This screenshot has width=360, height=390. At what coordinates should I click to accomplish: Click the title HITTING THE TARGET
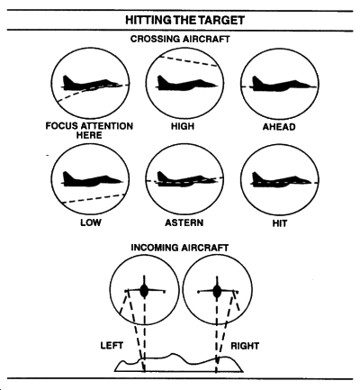[x=184, y=21]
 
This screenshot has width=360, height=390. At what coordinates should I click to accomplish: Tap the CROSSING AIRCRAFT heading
[x=180, y=39]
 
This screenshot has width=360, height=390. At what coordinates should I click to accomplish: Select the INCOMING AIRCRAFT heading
[x=180, y=248]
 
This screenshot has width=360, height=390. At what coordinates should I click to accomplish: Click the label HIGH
[x=183, y=126]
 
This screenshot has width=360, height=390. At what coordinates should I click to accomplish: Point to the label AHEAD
[x=279, y=127]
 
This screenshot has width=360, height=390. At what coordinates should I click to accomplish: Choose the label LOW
[x=91, y=222]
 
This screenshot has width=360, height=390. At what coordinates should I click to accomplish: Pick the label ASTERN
[x=184, y=222]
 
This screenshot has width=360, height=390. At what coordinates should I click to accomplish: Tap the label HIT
[x=280, y=223]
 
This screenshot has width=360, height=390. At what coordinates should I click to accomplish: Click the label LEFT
[x=112, y=346]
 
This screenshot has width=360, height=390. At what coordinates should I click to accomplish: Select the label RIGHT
[x=245, y=346]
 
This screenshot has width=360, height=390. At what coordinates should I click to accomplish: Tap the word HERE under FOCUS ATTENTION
[x=89, y=135]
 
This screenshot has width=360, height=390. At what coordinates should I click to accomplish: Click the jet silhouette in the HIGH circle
[x=186, y=83]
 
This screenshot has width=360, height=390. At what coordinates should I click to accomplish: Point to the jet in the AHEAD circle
[x=282, y=84]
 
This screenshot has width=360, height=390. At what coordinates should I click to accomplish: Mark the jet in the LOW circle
[x=92, y=179]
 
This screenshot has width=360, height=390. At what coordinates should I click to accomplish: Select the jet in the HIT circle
[x=281, y=179]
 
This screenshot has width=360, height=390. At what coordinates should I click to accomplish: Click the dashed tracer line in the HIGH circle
[x=189, y=61]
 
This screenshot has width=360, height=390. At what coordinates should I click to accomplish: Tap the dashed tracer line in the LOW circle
[x=94, y=199]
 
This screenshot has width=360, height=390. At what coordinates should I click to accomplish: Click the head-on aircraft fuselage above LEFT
[x=144, y=291]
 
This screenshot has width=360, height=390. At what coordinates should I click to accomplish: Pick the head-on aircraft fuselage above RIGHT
[x=217, y=291]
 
